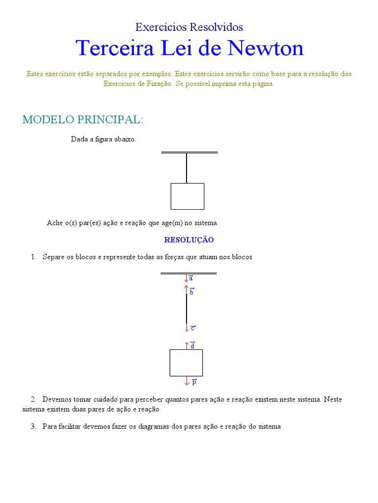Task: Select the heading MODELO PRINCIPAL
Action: (x=83, y=119)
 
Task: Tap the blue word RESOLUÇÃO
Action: (x=189, y=240)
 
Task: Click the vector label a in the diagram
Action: (x=191, y=278)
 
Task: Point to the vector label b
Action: (x=191, y=291)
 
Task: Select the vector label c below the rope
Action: (x=193, y=328)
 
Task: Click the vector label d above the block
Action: (x=192, y=345)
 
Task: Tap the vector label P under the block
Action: (x=194, y=382)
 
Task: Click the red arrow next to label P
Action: (x=187, y=381)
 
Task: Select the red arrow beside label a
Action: (x=186, y=278)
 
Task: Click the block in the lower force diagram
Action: (x=186, y=363)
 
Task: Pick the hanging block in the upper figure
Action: (x=187, y=196)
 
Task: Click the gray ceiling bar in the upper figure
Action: (x=189, y=152)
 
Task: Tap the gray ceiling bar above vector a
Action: (x=189, y=273)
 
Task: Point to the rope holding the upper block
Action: (x=187, y=168)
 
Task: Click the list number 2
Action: (x=33, y=399)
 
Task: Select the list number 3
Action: (x=33, y=427)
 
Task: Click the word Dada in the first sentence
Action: (x=79, y=140)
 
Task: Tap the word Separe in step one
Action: (x=53, y=257)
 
